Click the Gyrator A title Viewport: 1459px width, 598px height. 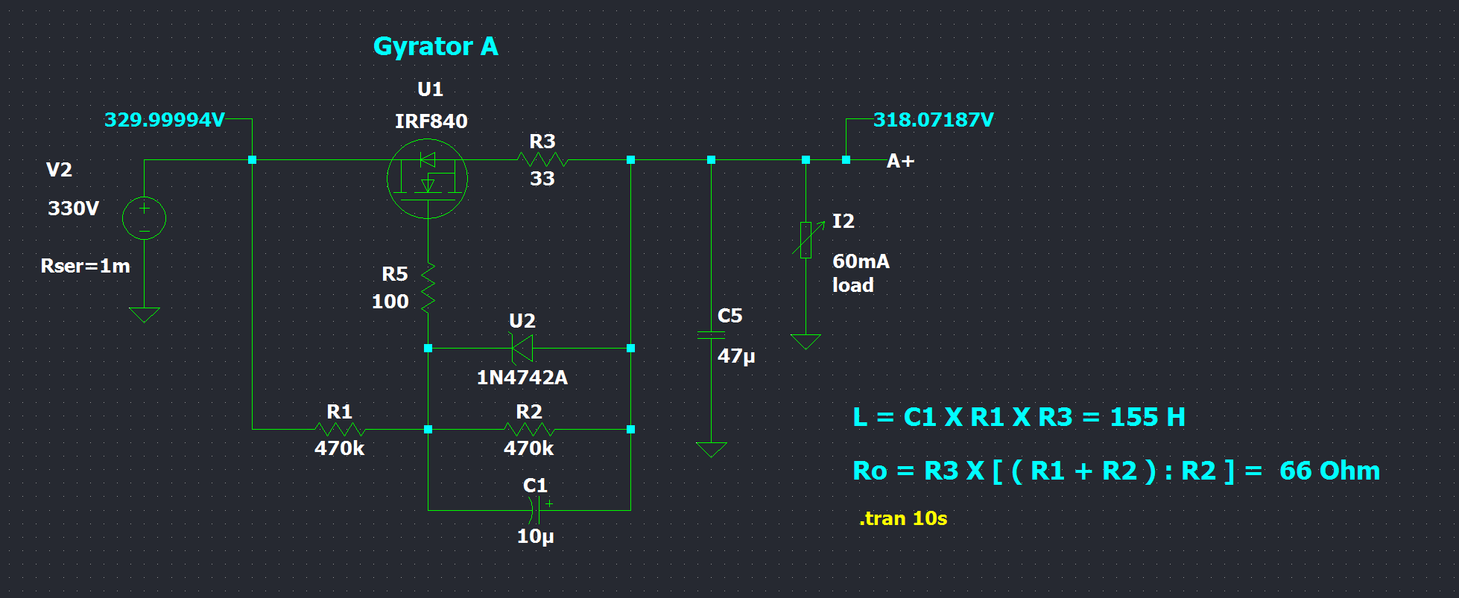click(x=435, y=46)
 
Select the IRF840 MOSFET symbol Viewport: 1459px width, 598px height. click(x=427, y=179)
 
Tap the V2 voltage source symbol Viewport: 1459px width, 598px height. click(x=144, y=218)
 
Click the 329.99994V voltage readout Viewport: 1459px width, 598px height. click(x=164, y=120)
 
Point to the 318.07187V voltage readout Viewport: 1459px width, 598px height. click(x=933, y=120)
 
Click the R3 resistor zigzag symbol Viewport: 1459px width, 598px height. click(x=542, y=159)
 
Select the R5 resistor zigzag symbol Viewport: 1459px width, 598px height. click(x=428, y=287)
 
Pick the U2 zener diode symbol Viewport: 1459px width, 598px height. click(x=522, y=348)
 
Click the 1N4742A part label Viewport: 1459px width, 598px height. click(x=522, y=378)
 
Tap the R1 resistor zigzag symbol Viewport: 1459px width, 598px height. click(x=340, y=429)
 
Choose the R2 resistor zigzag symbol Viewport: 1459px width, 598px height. click(x=529, y=429)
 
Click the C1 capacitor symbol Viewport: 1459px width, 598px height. click(x=534, y=510)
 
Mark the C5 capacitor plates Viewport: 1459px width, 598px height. click(x=711, y=336)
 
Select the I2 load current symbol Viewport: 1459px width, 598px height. click(x=806, y=240)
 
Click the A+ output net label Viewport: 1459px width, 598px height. click(x=900, y=161)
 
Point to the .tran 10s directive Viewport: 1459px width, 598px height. click(x=902, y=518)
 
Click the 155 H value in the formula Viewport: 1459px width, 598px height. click(x=1147, y=417)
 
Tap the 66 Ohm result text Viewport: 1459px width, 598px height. click(x=1329, y=471)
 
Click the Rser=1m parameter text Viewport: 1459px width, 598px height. click(x=85, y=266)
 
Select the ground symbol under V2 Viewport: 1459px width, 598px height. click(x=144, y=314)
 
